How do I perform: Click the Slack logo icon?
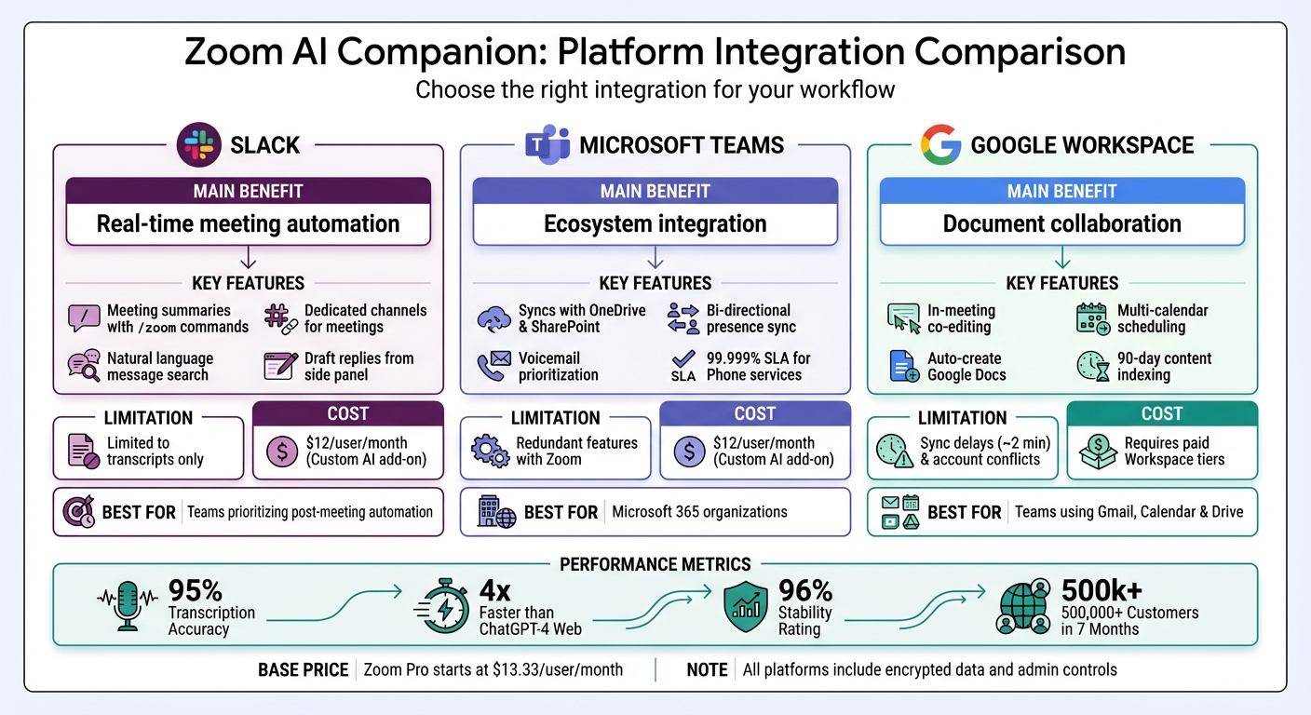click(x=197, y=144)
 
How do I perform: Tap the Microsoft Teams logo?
click(x=547, y=144)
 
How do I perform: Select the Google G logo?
click(x=940, y=144)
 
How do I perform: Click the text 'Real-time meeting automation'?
click(x=248, y=224)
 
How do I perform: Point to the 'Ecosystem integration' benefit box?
click(x=655, y=224)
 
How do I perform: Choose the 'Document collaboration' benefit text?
click(x=1061, y=224)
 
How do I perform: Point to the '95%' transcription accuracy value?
click(x=195, y=591)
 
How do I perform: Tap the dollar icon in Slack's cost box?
click(x=281, y=452)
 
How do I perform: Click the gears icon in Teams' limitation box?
click(x=490, y=452)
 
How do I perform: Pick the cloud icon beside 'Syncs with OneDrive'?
click(x=493, y=318)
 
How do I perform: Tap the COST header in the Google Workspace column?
click(x=1161, y=413)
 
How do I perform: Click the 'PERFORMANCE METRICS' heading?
click(x=655, y=564)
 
